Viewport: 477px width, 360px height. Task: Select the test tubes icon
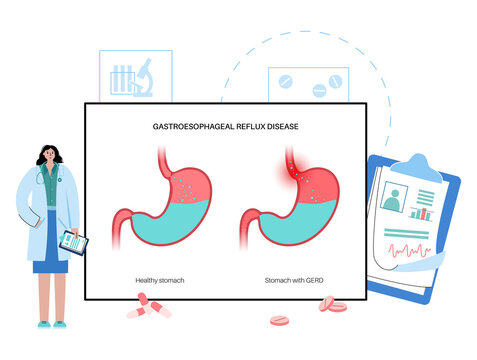(x=119, y=78)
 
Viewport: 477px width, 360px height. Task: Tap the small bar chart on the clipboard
(x=421, y=212)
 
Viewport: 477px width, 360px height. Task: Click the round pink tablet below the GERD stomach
(x=281, y=322)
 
